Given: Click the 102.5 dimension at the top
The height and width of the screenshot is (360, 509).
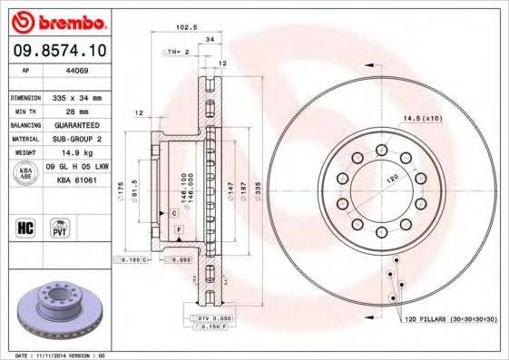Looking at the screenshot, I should point(187,27).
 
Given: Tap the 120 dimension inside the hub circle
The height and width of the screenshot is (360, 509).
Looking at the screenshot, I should point(392,180).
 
